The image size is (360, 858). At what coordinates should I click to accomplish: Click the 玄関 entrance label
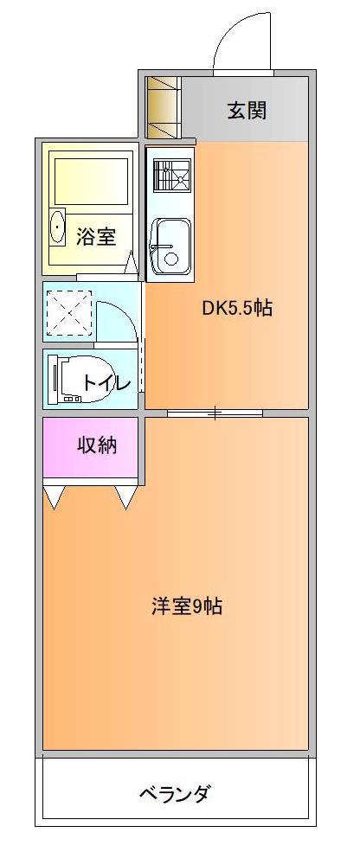pyautogui.click(x=247, y=111)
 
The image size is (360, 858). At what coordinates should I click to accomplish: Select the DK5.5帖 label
pyautogui.click(x=237, y=309)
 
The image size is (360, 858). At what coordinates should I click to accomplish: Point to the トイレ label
pyautogui.click(x=106, y=382)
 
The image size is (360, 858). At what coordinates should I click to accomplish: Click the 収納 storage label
pyautogui.click(x=97, y=446)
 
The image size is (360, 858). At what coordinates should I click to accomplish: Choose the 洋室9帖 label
pyautogui.click(x=187, y=606)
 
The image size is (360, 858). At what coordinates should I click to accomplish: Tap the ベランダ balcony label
pyautogui.click(x=174, y=792)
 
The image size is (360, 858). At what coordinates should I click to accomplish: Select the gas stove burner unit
pyautogui.click(x=172, y=175)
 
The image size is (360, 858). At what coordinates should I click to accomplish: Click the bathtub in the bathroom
pyautogui.click(x=91, y=182)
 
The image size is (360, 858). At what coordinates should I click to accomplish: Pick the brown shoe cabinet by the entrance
pyautogui.click(x=163, y=107)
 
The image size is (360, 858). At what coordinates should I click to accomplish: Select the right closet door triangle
pyautogui.click(x=127, y=497)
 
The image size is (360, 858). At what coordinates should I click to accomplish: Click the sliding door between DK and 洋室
pyautogui.click(x=215, y=413)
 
